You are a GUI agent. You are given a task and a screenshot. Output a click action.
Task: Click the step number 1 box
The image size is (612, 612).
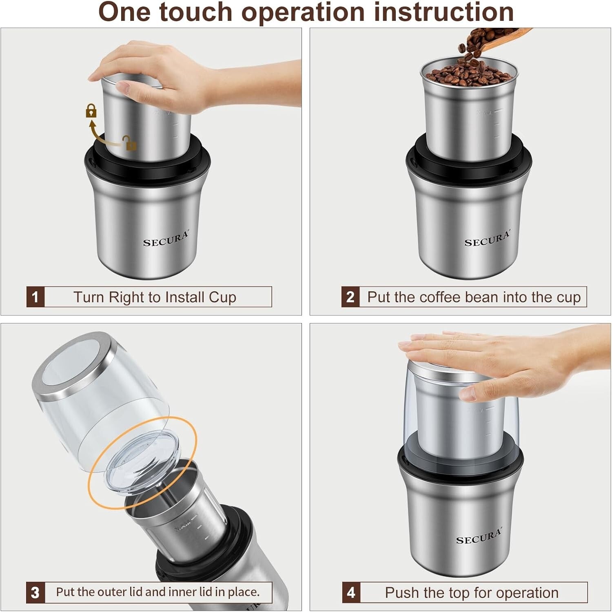pyautogui.click(x=35, y=297)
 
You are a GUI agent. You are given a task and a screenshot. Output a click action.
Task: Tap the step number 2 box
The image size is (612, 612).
pyautogui.click(x=350, y=297)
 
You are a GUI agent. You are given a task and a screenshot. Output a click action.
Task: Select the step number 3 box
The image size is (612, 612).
pyautogui.click(x=35, y=592)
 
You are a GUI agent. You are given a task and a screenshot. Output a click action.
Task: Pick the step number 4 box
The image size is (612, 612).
pyautogui.click(x=351, y=592)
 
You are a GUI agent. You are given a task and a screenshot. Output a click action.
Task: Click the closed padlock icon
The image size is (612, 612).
pyautogui.click(x=91, y=111)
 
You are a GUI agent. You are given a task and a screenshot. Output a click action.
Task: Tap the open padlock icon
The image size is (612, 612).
pyautogui.click(x=130, y=143)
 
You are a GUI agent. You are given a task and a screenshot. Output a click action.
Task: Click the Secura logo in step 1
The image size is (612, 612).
pyautogui.click(x=166, y=239)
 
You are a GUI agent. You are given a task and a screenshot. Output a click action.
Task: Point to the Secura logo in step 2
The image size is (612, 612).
pyautogui.click(x=487, y=239)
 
